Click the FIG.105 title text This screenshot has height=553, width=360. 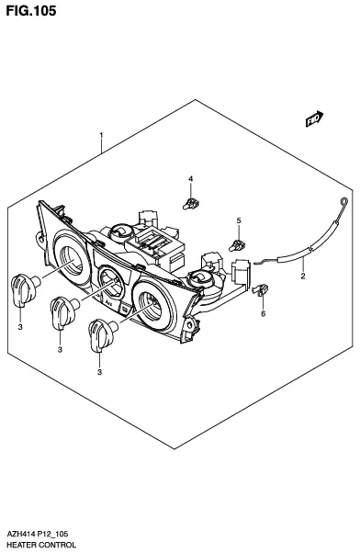click(31, 11)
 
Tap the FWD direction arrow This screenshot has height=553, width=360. click(314, 118)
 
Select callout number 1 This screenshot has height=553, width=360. click(101, 135)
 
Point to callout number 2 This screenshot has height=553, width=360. click(303, 276)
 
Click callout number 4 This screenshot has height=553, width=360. click(190, 179)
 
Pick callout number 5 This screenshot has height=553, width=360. click(239, 220)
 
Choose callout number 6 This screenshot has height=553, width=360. click(263, 313)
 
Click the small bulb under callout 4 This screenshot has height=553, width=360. click(191, 204)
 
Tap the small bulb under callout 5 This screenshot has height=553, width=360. click(237, 245)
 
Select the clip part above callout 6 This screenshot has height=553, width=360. click(260, 289)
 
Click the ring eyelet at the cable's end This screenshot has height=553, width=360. click(344, 202)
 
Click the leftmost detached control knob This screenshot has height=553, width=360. click(25, 288)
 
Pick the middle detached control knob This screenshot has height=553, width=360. click(64, 310)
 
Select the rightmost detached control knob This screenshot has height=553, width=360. click(102, 334)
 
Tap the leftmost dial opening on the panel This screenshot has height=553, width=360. click(72, 258)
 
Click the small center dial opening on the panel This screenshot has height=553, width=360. click(111, 283)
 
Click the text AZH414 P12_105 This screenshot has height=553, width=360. click(38, 534)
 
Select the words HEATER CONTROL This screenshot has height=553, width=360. click(41, 545)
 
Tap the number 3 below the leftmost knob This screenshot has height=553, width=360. click(20, 327)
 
